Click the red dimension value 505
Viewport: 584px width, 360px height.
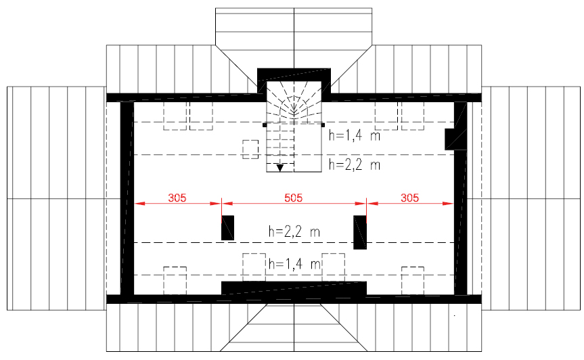(x=293, y=198)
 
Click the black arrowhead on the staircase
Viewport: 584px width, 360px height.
(x=280, y=168)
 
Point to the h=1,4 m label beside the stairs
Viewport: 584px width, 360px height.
(x=354, y=135)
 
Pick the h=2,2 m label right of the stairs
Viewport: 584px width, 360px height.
(x=354, y=164)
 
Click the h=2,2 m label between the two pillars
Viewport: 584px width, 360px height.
(x=294, y=231)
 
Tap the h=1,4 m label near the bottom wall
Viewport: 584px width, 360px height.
(x=294, y=264)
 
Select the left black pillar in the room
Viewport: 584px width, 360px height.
(x=227, y=228)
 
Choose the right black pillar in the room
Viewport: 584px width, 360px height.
(x=360, y=232)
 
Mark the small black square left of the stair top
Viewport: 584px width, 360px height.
(x=265, y=125)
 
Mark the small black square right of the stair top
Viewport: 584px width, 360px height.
(x=323, y=125)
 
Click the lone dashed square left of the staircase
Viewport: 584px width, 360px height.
(x=250, y=150)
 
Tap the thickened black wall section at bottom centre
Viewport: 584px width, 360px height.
(x=294, y=288)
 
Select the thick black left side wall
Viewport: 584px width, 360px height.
(x=127, y=198)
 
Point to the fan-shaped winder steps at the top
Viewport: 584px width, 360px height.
(x=294, y=101)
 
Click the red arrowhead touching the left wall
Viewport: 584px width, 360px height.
(x=139, y=203)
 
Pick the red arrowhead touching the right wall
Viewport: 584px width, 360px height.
(x=449, y=203)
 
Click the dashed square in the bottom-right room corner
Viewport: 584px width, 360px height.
(x=413, y=280)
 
